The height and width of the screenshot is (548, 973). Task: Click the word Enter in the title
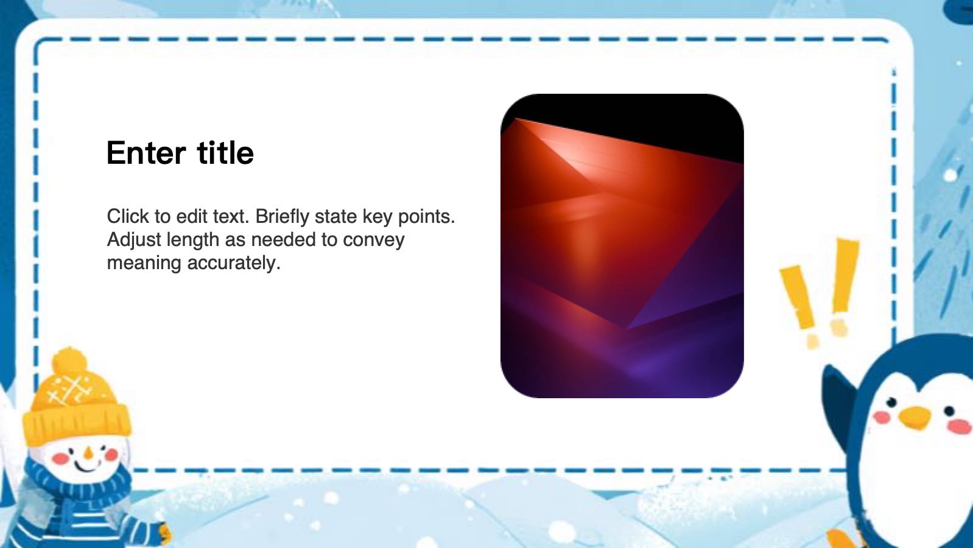[x=146, y=153]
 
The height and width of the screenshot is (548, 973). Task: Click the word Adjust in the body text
[x=134, y=240]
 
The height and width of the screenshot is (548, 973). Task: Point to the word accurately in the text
[x=234, y=262]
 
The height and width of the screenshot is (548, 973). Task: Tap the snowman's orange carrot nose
[x=88, y=453]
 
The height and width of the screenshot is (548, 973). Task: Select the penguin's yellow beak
[x=915, y=417]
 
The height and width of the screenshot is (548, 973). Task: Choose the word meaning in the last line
[x=144, y=263]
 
